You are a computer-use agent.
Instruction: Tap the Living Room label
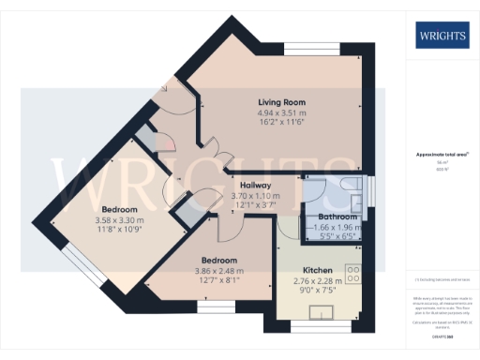tap(282, 102)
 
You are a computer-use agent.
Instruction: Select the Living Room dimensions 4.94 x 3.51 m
tap(282, 114)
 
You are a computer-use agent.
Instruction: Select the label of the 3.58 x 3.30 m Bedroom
tap(119, 208)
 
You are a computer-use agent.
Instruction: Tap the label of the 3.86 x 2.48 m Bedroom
tap(217, 260)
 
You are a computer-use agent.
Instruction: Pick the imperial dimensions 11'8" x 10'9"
tap(119, 230)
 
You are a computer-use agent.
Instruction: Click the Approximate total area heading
tap(442, 154)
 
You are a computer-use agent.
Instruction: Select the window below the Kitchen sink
tap(310, 325)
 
